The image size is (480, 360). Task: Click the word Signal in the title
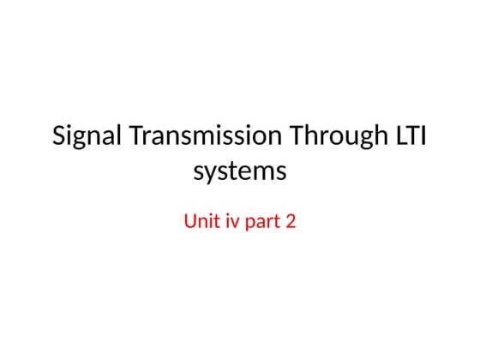82,137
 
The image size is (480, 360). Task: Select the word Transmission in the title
198,137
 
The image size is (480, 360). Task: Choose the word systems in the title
240,172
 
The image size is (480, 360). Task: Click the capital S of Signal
59,137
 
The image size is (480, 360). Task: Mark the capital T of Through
294,137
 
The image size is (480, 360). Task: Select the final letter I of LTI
423,137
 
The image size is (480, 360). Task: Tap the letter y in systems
212,174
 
